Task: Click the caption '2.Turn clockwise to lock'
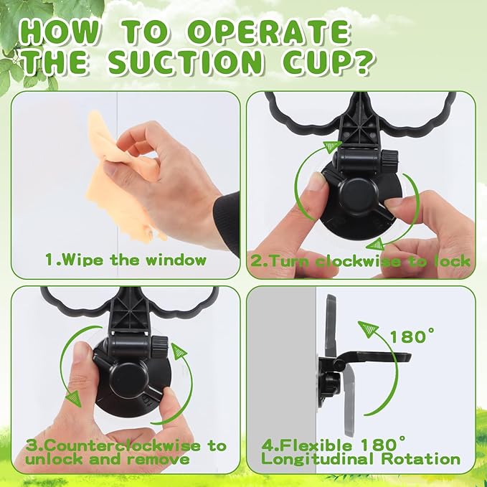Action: pos(360,260)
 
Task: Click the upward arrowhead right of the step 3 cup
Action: pos(179,351)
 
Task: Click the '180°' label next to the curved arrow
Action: pos(412,335)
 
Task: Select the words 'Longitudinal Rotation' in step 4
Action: pos(360,458)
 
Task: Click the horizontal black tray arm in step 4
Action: pos(373,356)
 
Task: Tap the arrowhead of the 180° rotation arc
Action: pos(370,329)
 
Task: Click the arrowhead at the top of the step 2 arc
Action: pos(331,147)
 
